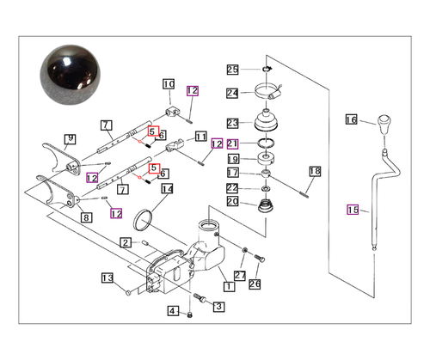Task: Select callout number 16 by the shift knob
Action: coord(351,119)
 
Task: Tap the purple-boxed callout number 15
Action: coord(353,209)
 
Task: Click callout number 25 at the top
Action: coord(232,69)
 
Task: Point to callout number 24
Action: coord(232,93)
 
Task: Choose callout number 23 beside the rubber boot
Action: coord(232,122)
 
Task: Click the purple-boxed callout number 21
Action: coord(232,143)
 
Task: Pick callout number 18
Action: coord(314,172)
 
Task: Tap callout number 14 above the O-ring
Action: coord(167,189)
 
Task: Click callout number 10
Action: coord(168,84)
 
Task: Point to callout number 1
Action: coord(227,286)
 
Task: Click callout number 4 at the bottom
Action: coord(172,310)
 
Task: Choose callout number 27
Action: coord(241,276)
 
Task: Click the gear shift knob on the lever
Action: coord(376,136)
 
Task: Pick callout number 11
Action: coord(200,137)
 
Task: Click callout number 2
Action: coord(126,243)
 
